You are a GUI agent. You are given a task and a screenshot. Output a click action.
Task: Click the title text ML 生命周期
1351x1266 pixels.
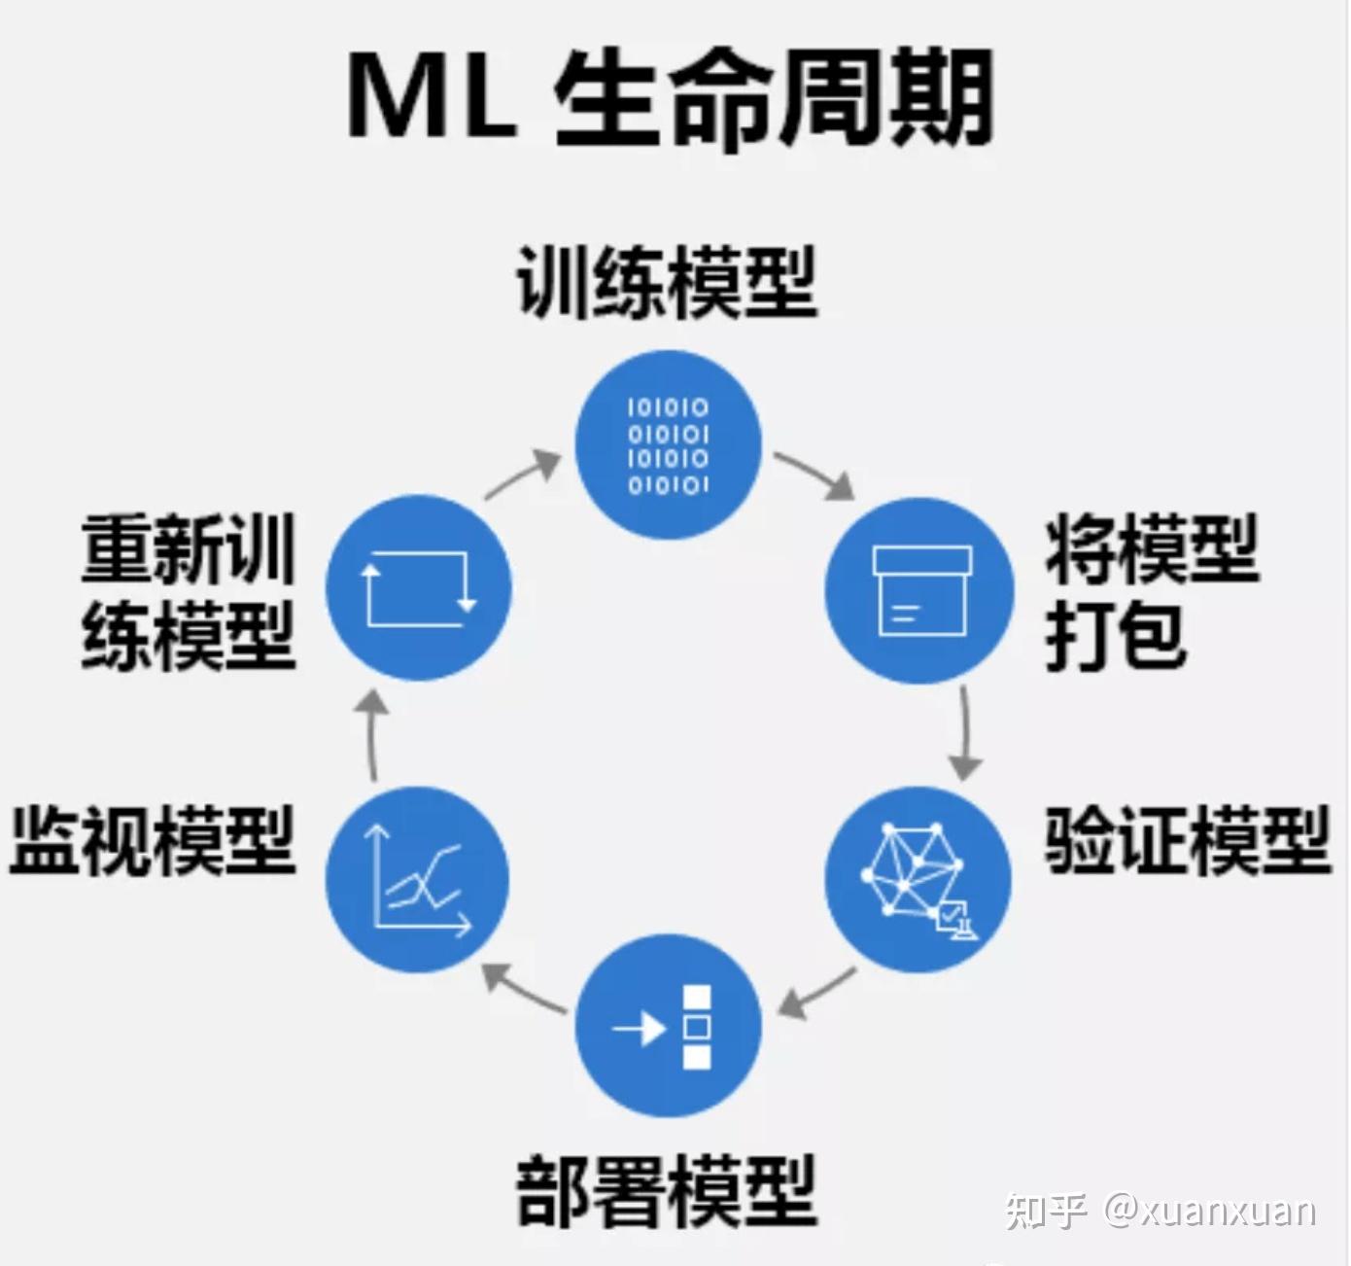(671, 99)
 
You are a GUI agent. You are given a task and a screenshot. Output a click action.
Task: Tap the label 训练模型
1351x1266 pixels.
(668, 282)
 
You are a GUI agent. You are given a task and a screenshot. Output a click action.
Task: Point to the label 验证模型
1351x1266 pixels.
(1188, 839)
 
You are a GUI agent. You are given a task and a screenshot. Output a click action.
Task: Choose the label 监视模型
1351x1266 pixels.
(153, 839)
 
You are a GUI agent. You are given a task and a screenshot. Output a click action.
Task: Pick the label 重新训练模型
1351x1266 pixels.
(190, 591)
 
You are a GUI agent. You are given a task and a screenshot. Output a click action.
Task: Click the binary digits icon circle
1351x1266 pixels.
(668, 445)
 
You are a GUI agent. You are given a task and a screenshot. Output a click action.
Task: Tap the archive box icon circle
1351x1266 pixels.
(919, 590)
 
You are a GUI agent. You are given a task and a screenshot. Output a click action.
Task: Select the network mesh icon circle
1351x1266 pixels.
(918, 879)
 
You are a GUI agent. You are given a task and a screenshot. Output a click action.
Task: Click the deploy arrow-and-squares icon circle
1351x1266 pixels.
(668, 1026)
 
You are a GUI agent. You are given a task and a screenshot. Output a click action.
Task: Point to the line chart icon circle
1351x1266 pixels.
(418, 879)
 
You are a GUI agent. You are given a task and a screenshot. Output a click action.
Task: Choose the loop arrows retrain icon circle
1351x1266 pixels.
(418, 587)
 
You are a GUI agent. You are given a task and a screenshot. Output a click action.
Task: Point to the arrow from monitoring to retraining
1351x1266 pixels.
(372, 735)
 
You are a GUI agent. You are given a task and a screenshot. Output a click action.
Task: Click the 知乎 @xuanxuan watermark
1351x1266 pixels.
(1160, 1213)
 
